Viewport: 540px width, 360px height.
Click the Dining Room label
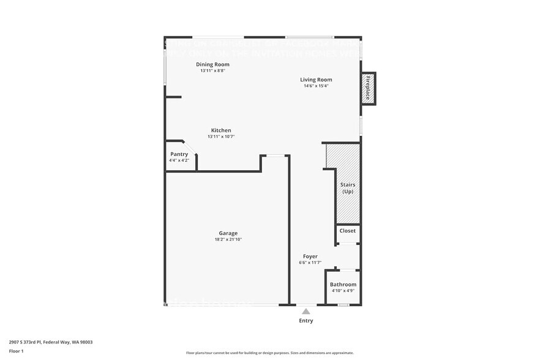212,64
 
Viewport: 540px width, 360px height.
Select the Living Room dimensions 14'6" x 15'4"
316,86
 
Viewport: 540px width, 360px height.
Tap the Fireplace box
368,88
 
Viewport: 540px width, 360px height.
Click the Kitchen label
221,130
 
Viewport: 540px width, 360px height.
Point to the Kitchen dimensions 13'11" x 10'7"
221,137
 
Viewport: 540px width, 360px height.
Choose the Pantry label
179,154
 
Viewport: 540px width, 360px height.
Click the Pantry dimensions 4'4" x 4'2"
179,160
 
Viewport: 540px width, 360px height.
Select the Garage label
228,233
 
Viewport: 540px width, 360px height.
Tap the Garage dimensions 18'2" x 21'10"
228,239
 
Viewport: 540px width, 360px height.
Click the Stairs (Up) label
347,188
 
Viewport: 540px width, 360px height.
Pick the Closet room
347,231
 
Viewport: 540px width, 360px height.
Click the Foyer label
310,256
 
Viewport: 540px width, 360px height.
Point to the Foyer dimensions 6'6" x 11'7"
310,262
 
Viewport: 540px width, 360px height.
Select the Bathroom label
343,285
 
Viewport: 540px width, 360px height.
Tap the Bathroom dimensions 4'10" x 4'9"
343,291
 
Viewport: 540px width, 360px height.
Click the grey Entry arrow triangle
306,312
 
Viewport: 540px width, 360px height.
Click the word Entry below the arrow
306,321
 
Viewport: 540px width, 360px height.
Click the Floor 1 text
16,351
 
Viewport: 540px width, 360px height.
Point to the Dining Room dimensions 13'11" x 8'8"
212,70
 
